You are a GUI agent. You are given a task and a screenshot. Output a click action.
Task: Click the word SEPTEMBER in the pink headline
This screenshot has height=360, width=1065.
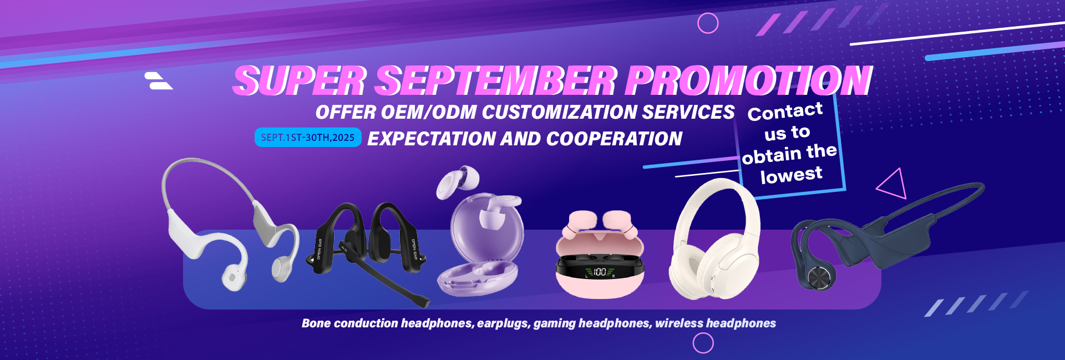496,80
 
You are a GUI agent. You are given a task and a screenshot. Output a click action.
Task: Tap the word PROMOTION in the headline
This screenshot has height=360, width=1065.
749,80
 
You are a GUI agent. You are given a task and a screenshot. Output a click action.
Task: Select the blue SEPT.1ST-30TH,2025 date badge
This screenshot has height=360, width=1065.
308,138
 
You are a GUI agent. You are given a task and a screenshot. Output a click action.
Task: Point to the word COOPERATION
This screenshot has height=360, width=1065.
614,139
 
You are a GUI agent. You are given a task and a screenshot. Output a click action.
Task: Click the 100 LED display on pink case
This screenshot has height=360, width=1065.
600,272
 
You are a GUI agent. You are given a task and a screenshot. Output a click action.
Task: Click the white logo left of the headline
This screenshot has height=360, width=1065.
159,80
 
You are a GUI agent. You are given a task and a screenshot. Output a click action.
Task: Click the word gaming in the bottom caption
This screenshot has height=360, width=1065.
554,324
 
